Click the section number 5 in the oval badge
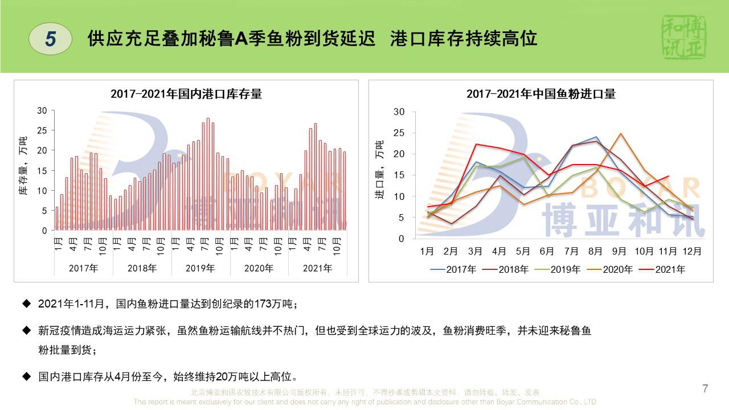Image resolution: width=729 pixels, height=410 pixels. pyautogui.click(x=51, y=39)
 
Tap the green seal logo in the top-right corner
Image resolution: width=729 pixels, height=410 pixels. pyautogui.click(x=684, y=38)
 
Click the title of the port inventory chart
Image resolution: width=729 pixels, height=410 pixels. pyautogui.click(x=186, y=94)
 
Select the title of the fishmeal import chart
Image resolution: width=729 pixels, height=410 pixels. pyautogui.click(x=541, y=94)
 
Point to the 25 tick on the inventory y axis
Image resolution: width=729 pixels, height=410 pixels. pyautogui.click(x=42, y=130)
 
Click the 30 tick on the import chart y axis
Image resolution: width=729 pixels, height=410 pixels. pyautogui.click(x=399, y=112)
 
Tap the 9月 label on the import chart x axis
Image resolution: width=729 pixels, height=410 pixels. pyautogui.click(x=620, y=251)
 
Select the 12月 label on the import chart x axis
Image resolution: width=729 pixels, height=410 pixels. pyautogui.click(x=692, y=251)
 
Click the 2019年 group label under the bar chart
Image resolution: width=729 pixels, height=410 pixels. pyautogui.click(x=200, y=268)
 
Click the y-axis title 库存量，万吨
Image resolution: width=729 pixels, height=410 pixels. pyautogui.click(x=23, y=166)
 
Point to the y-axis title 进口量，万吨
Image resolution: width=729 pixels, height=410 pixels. pyautogui.click(x=379, y=170)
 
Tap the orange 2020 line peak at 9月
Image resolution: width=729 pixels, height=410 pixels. pyautogui.click(x=620, y=134)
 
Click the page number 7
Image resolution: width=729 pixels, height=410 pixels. pyautogui.click(x=705, y=389)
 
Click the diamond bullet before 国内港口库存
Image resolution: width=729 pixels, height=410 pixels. pyautogui.click(x=26, y=376)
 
